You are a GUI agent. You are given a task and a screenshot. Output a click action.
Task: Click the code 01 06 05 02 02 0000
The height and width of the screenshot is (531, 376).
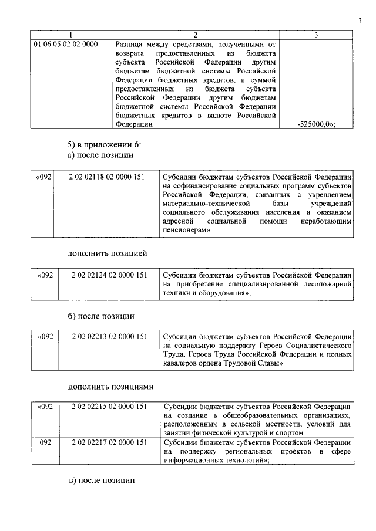pos(66,44)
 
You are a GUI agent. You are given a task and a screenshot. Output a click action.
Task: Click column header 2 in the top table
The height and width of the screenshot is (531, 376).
pos(196,35)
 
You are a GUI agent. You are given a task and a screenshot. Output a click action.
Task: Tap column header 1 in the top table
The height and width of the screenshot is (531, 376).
pos(70,35)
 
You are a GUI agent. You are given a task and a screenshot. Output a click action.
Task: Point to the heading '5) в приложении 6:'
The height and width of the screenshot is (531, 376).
pos(104,144)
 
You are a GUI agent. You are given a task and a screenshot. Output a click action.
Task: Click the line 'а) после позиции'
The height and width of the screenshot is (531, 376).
pos(100,155)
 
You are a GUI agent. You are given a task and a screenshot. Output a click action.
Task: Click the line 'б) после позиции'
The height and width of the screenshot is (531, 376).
pos(100,316)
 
